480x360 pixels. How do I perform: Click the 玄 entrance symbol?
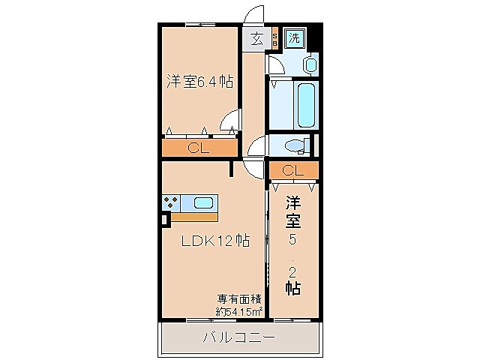coord(256,40)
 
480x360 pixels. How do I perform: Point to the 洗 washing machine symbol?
coord(294,37)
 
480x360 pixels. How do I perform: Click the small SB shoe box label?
coord(274,40)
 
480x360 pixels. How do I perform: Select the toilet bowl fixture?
coord(297,145)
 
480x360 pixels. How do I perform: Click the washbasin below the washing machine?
coord(310,65)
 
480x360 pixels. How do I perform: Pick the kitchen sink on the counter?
coord(203,202)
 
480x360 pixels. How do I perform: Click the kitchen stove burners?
coord(171,202)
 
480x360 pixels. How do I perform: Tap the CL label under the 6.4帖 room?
coord(198,148)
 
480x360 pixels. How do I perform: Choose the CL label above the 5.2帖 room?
coord(292,170)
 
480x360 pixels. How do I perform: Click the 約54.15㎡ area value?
coord(239,311)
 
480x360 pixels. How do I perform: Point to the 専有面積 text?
coord(239,298)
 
